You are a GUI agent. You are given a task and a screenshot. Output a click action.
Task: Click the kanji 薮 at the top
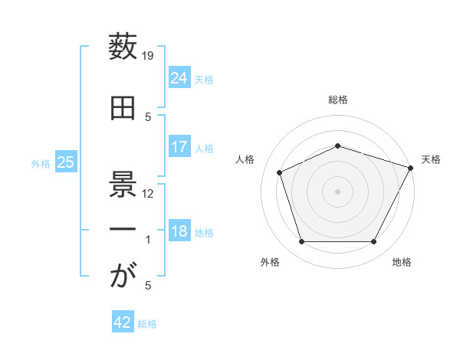point(123,46)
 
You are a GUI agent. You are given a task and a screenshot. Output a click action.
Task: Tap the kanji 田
point(123,108)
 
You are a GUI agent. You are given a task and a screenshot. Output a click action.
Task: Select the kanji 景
point(123,184)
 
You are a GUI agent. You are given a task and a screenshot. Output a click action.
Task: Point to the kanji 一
point(123,229)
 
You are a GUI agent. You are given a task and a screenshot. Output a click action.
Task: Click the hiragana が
point(123,274)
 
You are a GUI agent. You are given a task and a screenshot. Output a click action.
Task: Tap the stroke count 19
point(147,56)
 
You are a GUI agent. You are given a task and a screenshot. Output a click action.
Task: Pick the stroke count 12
point(147,194)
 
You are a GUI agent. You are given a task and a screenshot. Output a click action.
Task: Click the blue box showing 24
point(179,77)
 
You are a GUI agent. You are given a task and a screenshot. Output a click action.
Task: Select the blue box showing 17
point(179,146)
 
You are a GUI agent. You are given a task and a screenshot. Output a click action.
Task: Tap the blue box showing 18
point(179,230)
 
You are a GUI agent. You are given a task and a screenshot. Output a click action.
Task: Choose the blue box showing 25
point(66,161)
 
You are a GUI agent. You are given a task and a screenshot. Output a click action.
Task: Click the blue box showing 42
point(123,321)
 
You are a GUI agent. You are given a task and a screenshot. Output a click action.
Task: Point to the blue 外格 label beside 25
point(41,164)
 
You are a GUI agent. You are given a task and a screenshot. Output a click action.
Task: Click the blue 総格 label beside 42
point(147,324)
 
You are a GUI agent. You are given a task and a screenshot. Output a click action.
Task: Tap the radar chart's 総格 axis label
point(338,100)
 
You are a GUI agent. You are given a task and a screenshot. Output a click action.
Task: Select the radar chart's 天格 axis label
point(431,159)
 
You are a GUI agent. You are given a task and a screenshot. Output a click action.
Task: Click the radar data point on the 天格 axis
point(410,168)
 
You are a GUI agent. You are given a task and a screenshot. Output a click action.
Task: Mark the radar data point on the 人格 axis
point(280,172)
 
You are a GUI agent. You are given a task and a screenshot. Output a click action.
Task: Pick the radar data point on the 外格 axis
point(302,241)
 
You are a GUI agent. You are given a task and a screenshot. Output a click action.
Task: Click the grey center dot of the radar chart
point(337,191)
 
